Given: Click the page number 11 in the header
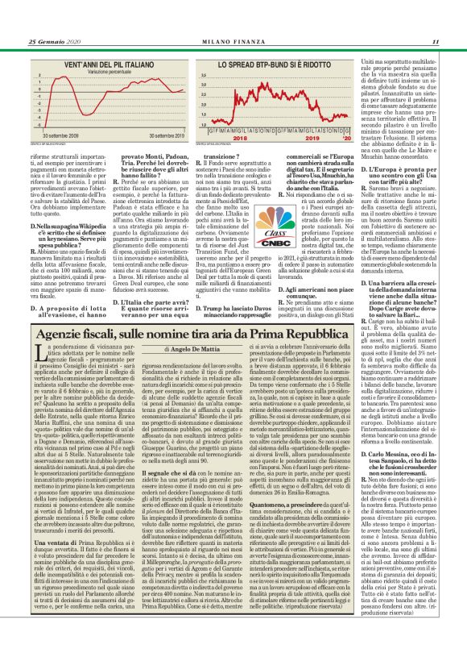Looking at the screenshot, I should pos(435,42).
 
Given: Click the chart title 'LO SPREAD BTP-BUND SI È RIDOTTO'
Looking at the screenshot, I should pos(267,62).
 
